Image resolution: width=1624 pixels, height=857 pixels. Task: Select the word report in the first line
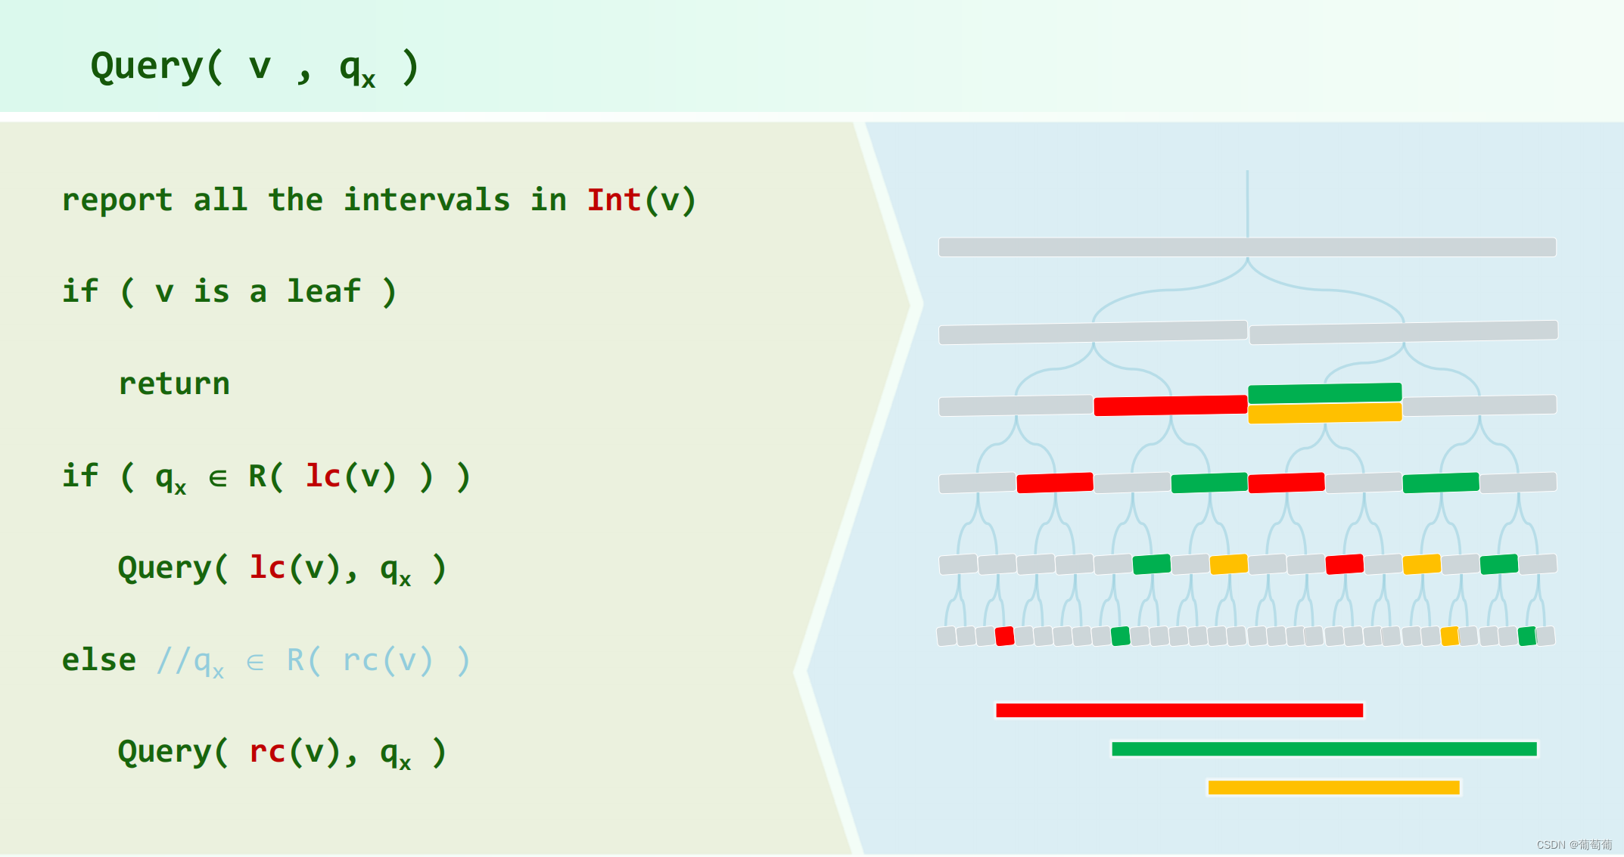click(117, 200)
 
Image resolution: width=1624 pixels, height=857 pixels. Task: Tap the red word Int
click(614, 200)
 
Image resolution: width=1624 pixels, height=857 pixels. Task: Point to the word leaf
click(324, 292)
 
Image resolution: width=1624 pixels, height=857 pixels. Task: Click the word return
click(174, 384)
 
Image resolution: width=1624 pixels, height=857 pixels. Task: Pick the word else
click(98, 660)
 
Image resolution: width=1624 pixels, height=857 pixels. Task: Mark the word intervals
click(427, 200)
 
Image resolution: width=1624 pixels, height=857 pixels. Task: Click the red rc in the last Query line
click(267, 752)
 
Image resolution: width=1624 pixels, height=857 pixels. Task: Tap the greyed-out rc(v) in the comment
click(387, 660)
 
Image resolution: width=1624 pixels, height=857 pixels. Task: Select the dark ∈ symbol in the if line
click(218, 478)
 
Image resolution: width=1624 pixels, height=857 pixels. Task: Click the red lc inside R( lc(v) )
click(323, 477)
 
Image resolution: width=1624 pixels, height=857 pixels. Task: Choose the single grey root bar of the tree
click(1247, 247)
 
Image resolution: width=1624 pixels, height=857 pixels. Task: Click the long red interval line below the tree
click(1179, 710)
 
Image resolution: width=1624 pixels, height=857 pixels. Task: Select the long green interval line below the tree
click(1324, 749)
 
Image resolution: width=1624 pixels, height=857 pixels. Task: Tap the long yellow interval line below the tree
click(1333, 787)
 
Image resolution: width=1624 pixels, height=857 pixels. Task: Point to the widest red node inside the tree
click(1170, 405)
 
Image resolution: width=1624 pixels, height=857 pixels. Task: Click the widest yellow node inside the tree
click(1324, 413)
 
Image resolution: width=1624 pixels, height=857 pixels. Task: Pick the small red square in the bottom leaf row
click(1004, 636)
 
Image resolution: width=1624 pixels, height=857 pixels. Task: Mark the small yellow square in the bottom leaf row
click(1449, 636)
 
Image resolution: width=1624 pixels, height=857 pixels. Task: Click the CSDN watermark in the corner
click(1574, 845)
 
